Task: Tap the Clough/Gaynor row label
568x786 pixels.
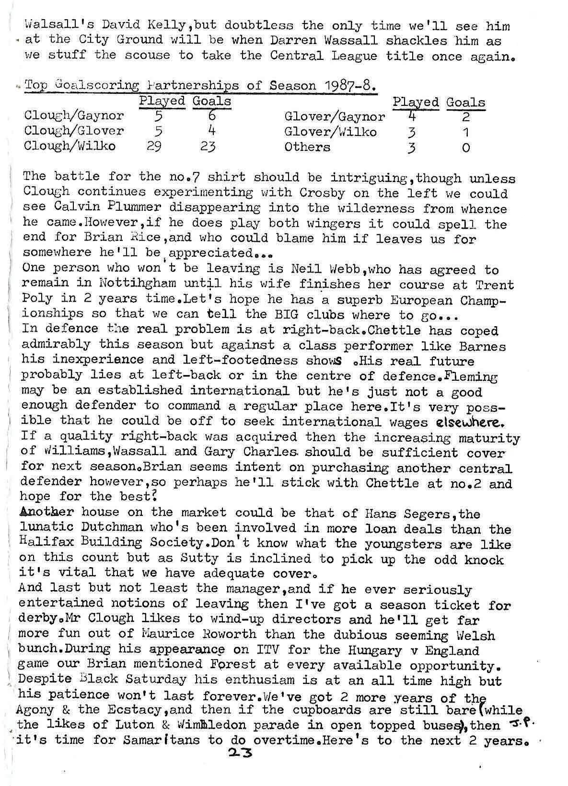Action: point(74,115)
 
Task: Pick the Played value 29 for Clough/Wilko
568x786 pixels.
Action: point(154,146)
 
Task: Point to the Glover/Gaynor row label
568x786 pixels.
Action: point(334,116)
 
